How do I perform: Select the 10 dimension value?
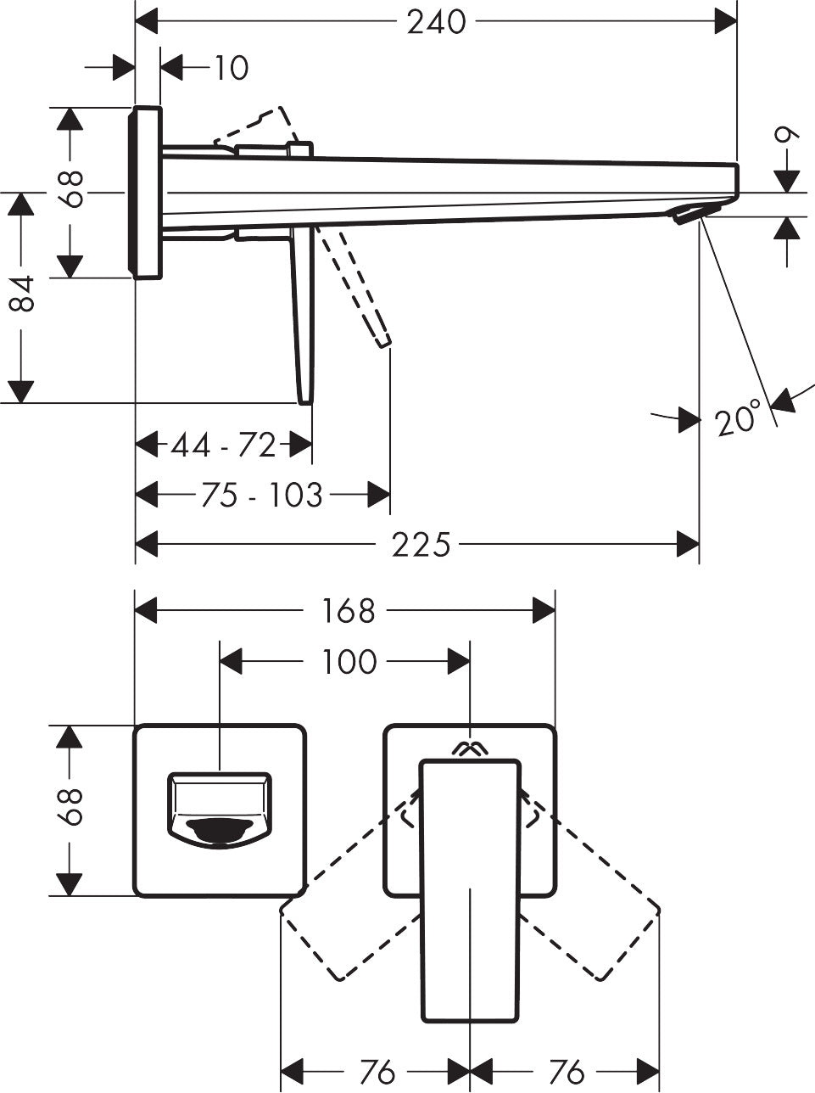point(230,68)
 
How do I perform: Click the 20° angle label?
point(736,420)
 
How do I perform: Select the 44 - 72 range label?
point(224,445)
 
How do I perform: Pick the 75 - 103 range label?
point(262,495)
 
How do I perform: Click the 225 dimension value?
point(421,545)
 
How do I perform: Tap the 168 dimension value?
point(349,610)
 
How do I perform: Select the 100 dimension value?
point(349,662)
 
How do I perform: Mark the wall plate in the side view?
point(145,193)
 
